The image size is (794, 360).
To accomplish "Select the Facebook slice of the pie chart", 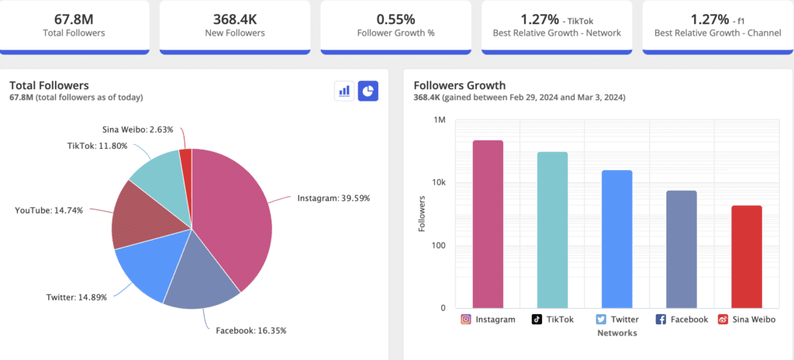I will pyautogui.click(x=200, y=275).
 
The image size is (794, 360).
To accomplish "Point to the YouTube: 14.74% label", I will pyautogui.click(x=49, y=210).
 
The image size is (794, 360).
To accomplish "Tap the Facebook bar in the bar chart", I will pyautogui.click(x=682, y=249).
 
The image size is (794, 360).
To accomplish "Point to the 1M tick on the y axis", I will pyautogui.click(x=439, y=120).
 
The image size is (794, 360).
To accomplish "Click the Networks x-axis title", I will pyautogui.click(x=616, y=333).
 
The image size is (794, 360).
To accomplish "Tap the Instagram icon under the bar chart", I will pyautogui.click(x=466, y=319).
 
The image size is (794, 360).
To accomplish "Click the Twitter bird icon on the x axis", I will pyautogui.click(x=601, y=319).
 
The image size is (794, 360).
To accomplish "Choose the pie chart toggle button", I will pyautogui.click(x=368, y=91).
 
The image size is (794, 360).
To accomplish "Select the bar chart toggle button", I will pyautogui.click(x=343, y=91).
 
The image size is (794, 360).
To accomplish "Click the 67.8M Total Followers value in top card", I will pyautogui.click(x=74, y=18).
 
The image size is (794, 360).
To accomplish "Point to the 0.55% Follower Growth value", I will pyautogui.click(x=395, y=18).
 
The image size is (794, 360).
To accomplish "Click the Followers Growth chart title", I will pyautogui.click(x=459, y=85).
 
